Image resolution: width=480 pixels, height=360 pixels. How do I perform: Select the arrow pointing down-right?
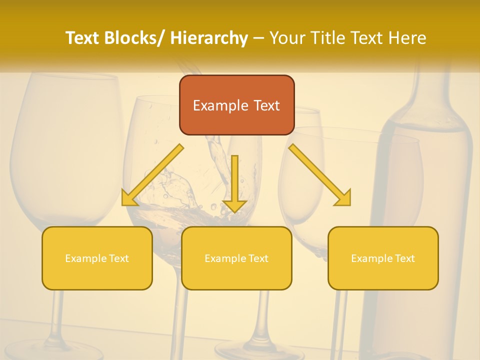[x=319, y=175]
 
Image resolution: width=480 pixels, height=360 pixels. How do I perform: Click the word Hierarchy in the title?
[x=209, y=38]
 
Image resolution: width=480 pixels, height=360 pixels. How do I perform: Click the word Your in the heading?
[x=286, y=38]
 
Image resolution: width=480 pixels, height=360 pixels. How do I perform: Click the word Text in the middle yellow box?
[x=257, y=258]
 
